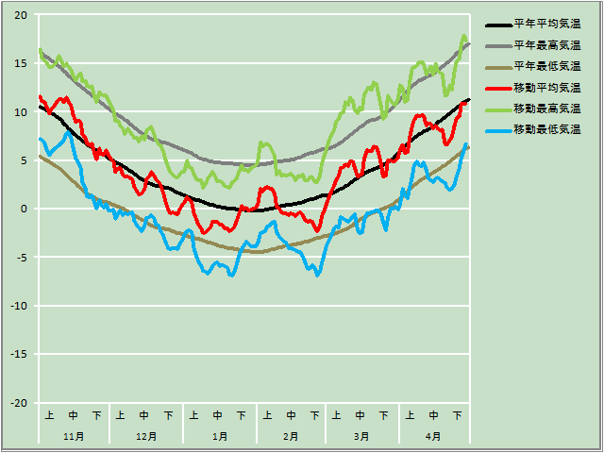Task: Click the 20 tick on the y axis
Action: coord(21,15)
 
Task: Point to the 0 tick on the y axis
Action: coord(25,209)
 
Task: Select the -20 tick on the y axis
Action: coord(19,403)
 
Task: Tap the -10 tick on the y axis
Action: coord(19,306)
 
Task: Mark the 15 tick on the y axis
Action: coord(21,63)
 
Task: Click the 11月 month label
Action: coord(74,436)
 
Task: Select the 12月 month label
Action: coord(146,436)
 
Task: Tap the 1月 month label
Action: coord(219,436)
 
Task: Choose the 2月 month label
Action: coord(290,436)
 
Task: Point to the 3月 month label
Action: coord(361,436)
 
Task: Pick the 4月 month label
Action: coord(433,436)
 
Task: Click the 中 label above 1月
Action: coord(218,415)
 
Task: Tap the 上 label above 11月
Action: coord(49,415)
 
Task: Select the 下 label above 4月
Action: coord(458,415)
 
